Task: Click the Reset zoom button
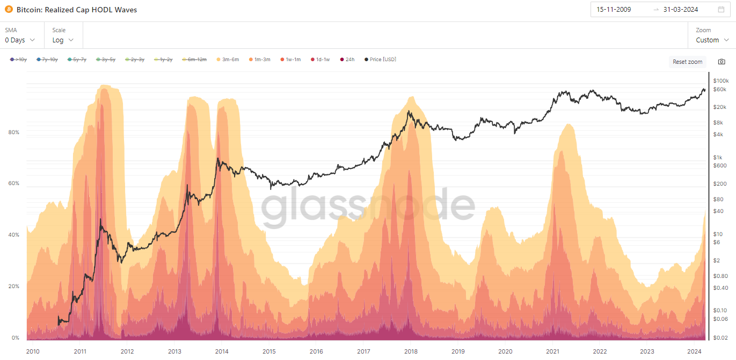tap(687, 62)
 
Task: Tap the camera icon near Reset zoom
tap(722, 62)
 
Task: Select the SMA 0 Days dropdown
tap(20, 40)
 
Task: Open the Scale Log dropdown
tap(63, 40)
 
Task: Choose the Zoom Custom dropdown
tap(712, 40)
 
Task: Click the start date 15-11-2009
tap(614, 10)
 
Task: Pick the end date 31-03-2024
tap(681, 10)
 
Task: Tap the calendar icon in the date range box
tap(721, 10)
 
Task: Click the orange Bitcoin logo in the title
tap(9, 9)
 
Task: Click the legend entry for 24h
tap(347, 60)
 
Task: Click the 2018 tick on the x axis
tap(411, 351)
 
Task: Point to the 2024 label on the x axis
tap(694, 351)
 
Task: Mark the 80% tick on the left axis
tap(13, 132)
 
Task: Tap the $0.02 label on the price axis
tap(720, 337)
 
